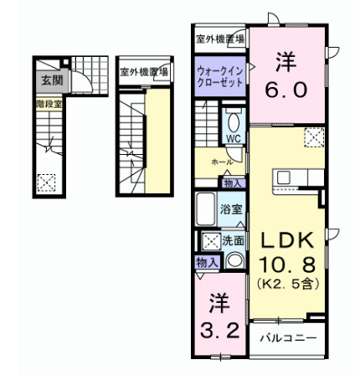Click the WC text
(234, 137)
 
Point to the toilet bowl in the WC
(234, 121)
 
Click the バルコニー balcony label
(288, 339)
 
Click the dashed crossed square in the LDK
(313, 137)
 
